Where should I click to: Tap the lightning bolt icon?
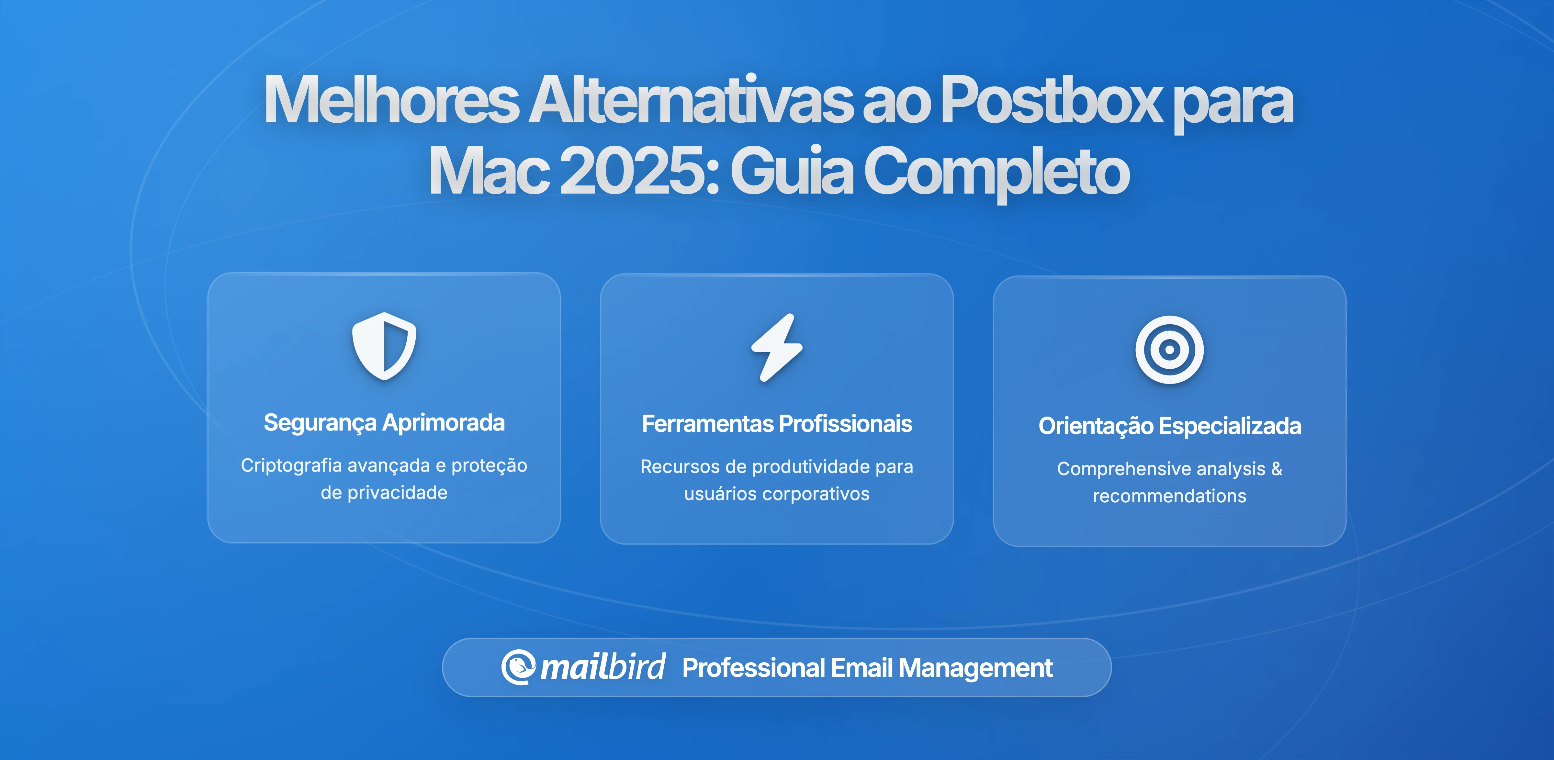[x=777, y=347]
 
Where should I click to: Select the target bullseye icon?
[x=1169, y=350]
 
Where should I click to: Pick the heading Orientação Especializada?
[x=1169, y=426]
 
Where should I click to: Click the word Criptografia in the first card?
[x=291, y=466]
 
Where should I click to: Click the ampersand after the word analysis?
[x=1277, y=469]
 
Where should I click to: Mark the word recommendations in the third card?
[x=1169, y=496]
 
